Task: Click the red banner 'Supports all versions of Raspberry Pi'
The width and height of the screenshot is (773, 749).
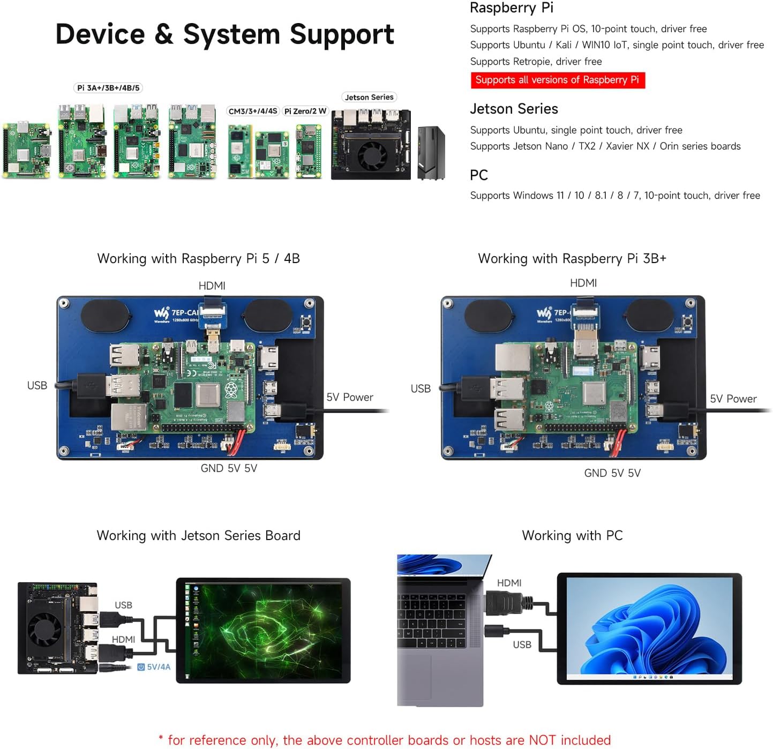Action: click(557, 80)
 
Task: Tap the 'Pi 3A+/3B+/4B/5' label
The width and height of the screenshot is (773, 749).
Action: click(108, 88)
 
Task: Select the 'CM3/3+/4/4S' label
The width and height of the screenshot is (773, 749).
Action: click(253, 111)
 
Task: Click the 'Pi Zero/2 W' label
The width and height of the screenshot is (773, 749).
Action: click(305, 111)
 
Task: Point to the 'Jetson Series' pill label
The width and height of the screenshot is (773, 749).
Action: click(369, 97)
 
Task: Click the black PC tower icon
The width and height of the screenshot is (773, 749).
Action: click(431, 153)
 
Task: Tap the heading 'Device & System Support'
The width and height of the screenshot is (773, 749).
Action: click(224, 34)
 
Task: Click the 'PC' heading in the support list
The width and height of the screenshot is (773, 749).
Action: click(478, 175)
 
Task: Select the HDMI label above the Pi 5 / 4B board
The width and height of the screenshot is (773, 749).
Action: click(212, 286)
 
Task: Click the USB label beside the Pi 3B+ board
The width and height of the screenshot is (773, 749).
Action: click(421, 388)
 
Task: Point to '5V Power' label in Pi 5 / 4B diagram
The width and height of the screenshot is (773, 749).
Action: click(350, 397)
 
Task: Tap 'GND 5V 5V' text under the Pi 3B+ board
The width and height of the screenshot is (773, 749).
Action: click(612, 473)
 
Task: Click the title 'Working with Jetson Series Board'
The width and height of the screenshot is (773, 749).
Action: click(198, 535)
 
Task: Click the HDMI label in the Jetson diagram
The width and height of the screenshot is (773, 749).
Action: click(123, 639)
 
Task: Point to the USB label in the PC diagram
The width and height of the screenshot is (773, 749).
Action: click(522, 645)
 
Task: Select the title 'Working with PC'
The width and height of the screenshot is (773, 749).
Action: click(572, 535)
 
